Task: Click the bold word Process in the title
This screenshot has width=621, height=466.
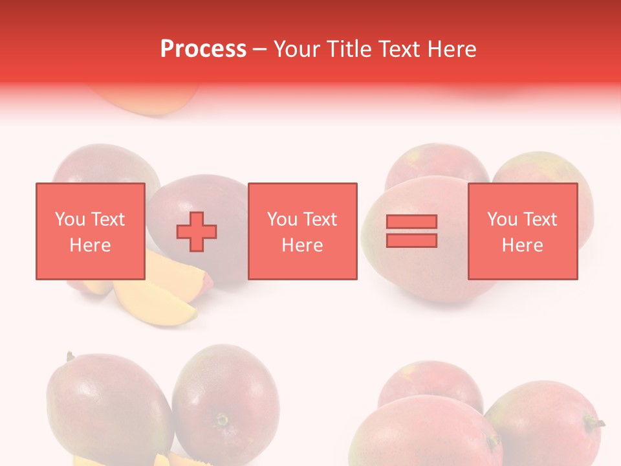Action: click(x=203, y=49)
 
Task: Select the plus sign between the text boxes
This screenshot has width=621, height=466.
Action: click(x=197, y=231)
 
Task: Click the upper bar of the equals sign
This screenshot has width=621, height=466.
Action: click(x=411, y=221)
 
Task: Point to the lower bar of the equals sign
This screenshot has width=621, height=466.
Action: click(x=411, y=240)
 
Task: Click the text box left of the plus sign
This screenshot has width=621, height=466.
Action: click(x=90, y=231)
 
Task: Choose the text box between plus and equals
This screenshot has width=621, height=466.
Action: click(x=302, y=231)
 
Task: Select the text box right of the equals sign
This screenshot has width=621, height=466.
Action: click(x=523, y=231)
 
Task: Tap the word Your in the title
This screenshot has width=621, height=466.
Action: click(x=296, y=49)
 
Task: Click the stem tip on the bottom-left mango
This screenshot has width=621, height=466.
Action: click(x=69, y=356)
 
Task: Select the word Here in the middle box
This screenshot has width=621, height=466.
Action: click(x=302, y=245)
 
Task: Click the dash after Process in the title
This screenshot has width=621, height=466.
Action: click(x=260, y=49)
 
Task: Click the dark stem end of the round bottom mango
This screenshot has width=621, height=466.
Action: click(x=222, y=420)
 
